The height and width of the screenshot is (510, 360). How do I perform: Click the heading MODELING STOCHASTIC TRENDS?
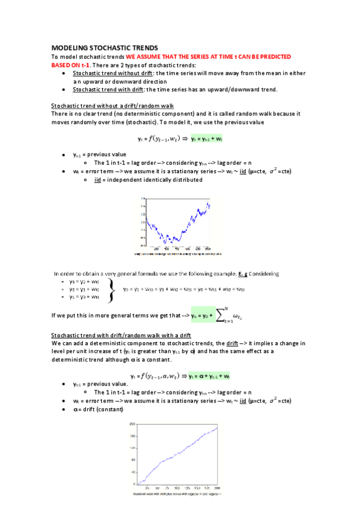click(x=105, y=47)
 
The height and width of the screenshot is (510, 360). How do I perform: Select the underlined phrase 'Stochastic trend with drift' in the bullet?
click(x=108, y=90)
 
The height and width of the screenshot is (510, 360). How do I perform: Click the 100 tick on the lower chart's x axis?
click(x=178, y=488)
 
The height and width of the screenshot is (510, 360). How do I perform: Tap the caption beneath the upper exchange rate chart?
click(x=178, y=253)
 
